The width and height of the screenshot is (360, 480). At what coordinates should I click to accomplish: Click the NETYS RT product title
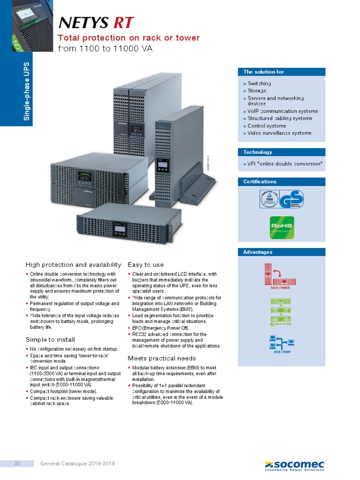tap(96, 22)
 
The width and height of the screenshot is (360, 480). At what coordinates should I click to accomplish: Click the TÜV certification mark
tap(269, 199)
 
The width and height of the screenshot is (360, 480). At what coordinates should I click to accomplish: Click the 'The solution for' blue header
tap(281, 72)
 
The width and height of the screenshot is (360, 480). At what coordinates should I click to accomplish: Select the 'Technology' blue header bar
tap(281, 152)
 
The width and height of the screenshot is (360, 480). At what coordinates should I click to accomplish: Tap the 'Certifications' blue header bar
tap(281, 181)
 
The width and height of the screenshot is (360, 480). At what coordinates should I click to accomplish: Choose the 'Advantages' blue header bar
tap(281, 252)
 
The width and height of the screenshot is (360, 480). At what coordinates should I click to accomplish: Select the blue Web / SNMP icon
tap(281, 345)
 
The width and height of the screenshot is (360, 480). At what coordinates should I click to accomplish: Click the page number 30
tap(17, 464)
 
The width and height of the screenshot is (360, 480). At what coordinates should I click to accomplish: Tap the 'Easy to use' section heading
tap(146, 265)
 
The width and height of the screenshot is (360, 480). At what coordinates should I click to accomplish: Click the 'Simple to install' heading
tap(50, 339)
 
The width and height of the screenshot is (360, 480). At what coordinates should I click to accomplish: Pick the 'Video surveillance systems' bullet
tap(279, 133)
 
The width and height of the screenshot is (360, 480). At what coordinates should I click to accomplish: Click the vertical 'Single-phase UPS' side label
tap(27, 91)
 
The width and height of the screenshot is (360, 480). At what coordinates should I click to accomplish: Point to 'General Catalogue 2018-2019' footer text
tap(78, 464)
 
